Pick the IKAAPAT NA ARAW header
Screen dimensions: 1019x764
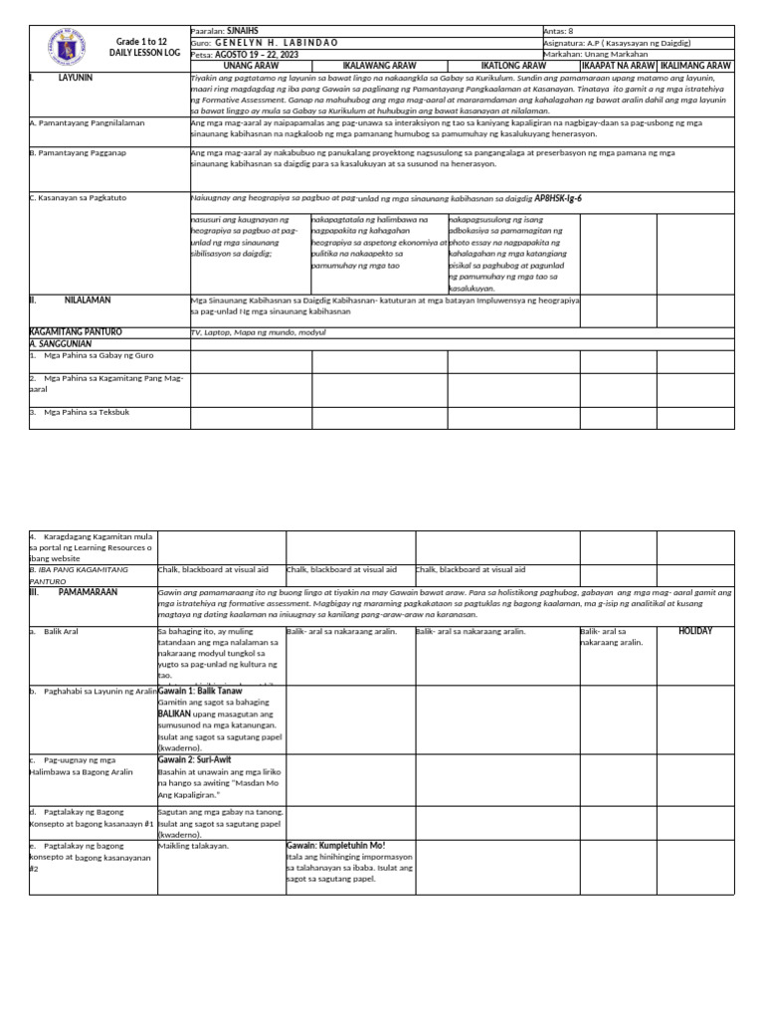(618, 65)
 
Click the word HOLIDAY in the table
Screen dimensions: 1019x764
(695, 631)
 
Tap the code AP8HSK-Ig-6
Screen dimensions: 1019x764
(558, 198)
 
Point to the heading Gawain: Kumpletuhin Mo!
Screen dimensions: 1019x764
(335, 845)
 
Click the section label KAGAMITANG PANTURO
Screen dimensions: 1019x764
(76, 330)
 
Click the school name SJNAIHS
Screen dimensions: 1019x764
(243, 31)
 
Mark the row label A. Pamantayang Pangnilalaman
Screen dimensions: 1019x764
(88, 122)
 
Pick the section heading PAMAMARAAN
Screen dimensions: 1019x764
(89, 591)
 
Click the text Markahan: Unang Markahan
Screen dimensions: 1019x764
(595, 54)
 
